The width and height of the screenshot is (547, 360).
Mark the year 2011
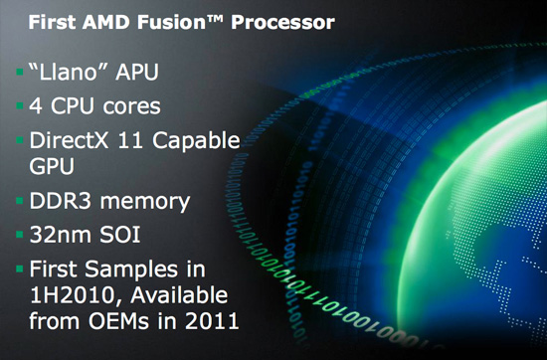point(209,322)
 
